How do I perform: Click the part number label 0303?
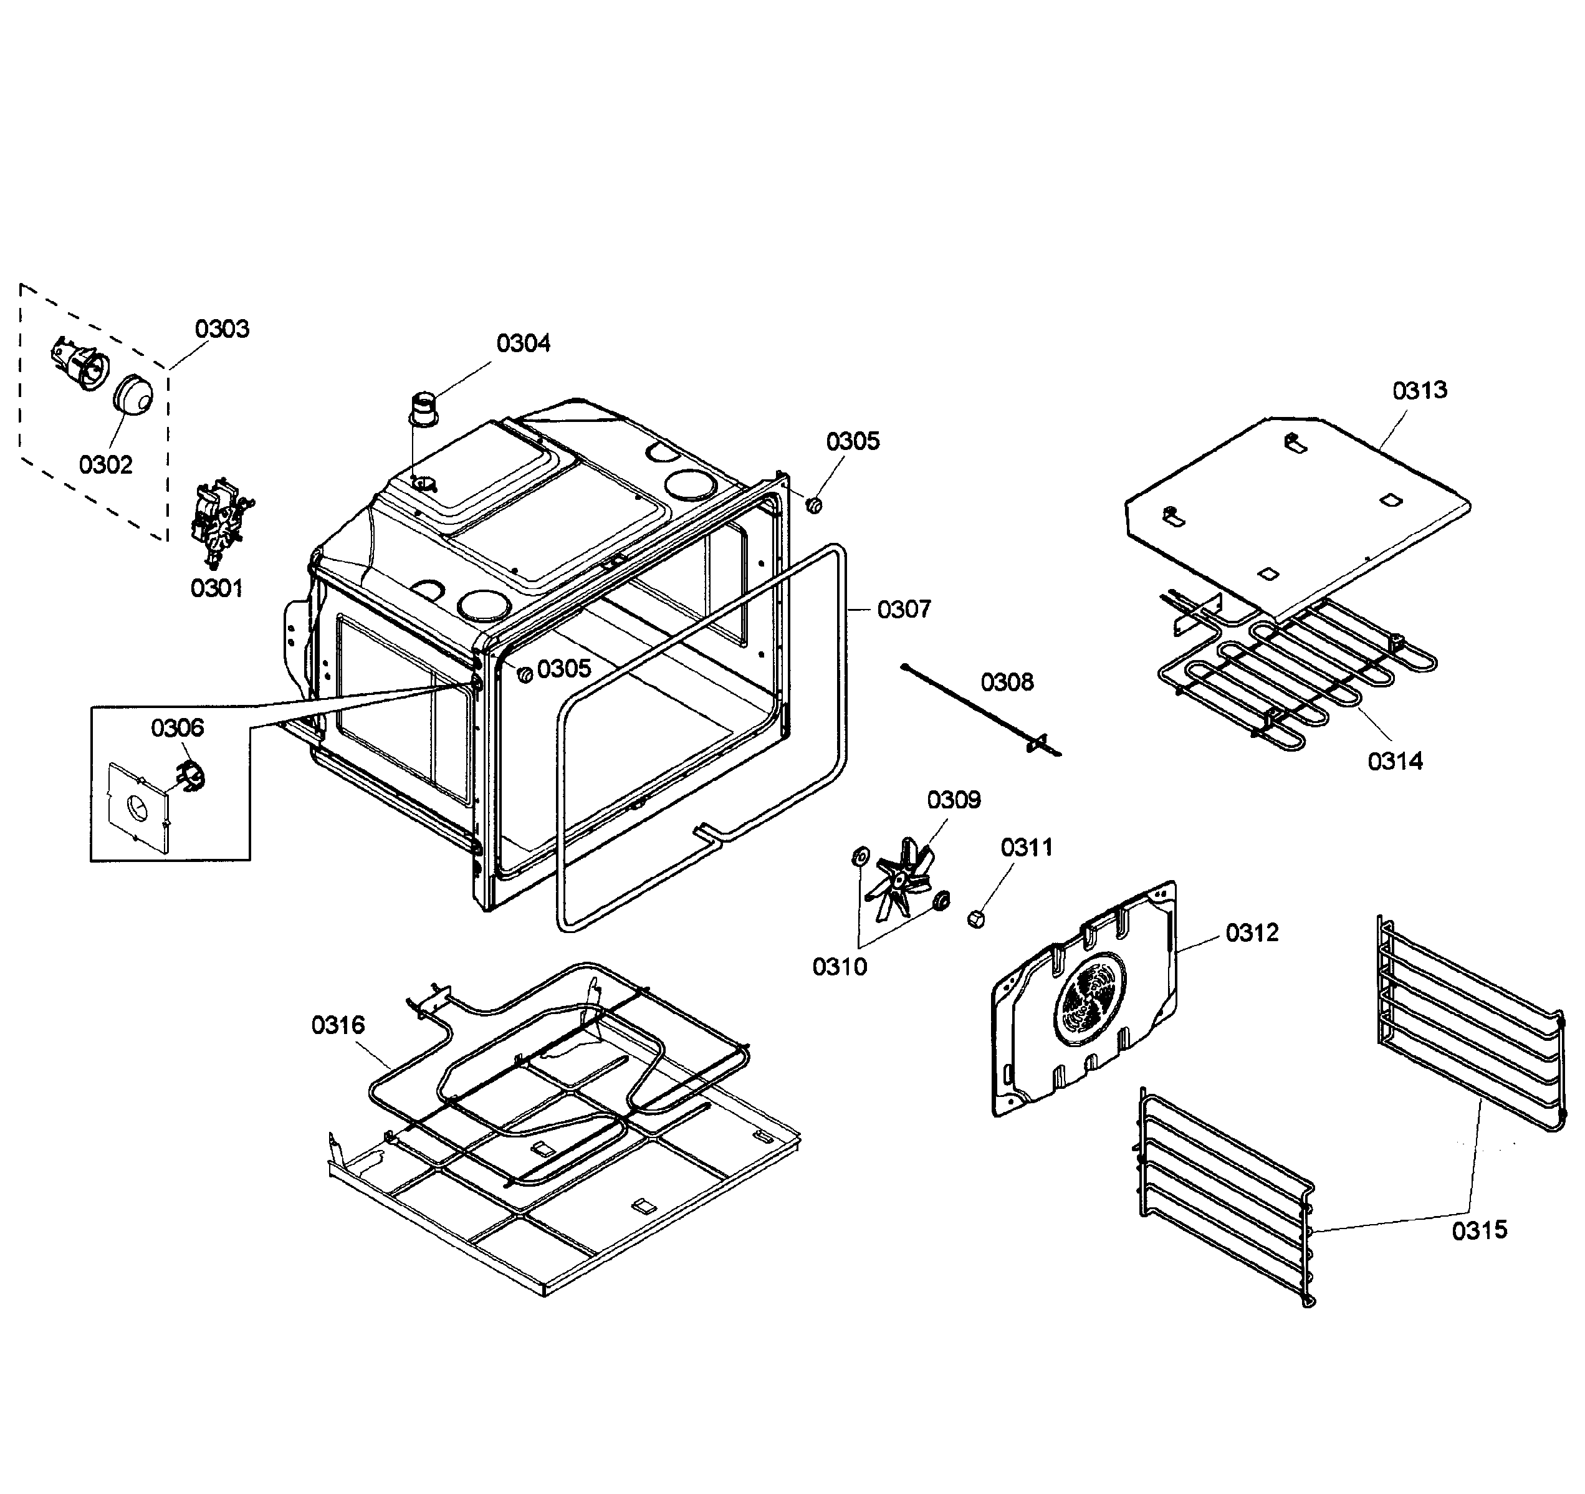point(222,328)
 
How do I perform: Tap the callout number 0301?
point(216,588)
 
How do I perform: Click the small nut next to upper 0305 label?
point(813,505)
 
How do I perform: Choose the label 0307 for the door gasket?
point(903,610)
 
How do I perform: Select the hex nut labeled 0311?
point(974,919)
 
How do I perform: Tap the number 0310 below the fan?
point(839,967)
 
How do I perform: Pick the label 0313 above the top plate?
point(1419,391)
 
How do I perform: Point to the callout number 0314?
point(1394,762)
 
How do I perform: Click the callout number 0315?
point(1479,1230)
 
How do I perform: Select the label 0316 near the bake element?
point(338,1025)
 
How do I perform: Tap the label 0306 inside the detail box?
point(177,728)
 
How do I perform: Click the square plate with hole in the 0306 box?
point(138,809)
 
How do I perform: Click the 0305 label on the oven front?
point(563,669)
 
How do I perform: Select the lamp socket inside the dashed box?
point(80,365)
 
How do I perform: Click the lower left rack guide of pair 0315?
point(1225,1197)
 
